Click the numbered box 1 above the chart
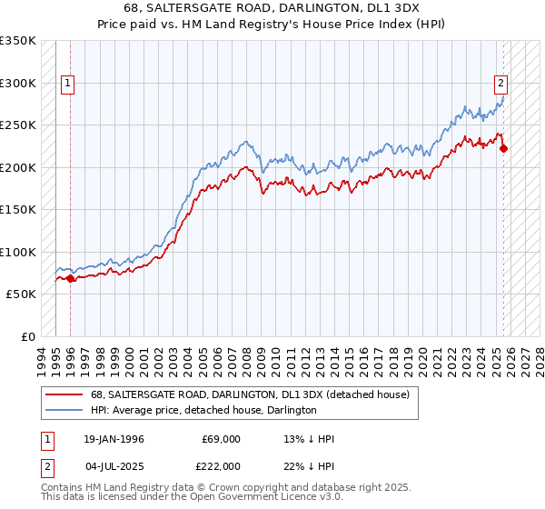click(68, 84)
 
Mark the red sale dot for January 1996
click(71, 278)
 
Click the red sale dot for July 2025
click(504, 149)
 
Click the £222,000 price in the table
click(222, 466)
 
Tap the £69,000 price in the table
click(222, 439)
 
